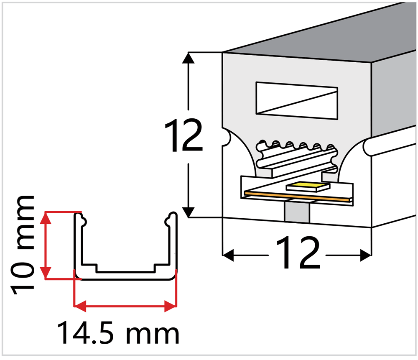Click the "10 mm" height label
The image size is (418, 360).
click(x=23, y=245)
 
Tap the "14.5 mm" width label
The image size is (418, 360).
click(x=118, y=333)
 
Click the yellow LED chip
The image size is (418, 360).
click(x=308, y=186)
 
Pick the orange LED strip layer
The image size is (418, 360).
click(x=297, y=196)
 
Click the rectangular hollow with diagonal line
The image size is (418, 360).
click(x=297, y=100)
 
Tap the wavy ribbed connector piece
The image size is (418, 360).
click(x=297, y=158)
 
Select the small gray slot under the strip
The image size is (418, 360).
click(x=297, y=212)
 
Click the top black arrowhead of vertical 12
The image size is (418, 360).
click(x=188, y=58)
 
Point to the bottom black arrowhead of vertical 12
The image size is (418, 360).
click(x=188, y=212)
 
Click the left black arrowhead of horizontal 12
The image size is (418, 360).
click(x=228, y=255)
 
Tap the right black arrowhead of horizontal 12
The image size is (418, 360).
click(x=365, y=255)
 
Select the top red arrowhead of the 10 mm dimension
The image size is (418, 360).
click(x=47, y=218)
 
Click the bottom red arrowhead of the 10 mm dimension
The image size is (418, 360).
click(x=47, y=273)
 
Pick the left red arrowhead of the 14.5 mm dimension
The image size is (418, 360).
click(x=80, y=306)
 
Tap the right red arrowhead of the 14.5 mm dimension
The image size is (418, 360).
click(x=171, y=306)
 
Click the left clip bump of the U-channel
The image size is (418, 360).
click(x=84, y=221)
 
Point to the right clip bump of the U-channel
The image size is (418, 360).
click(x=168, y=221)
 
